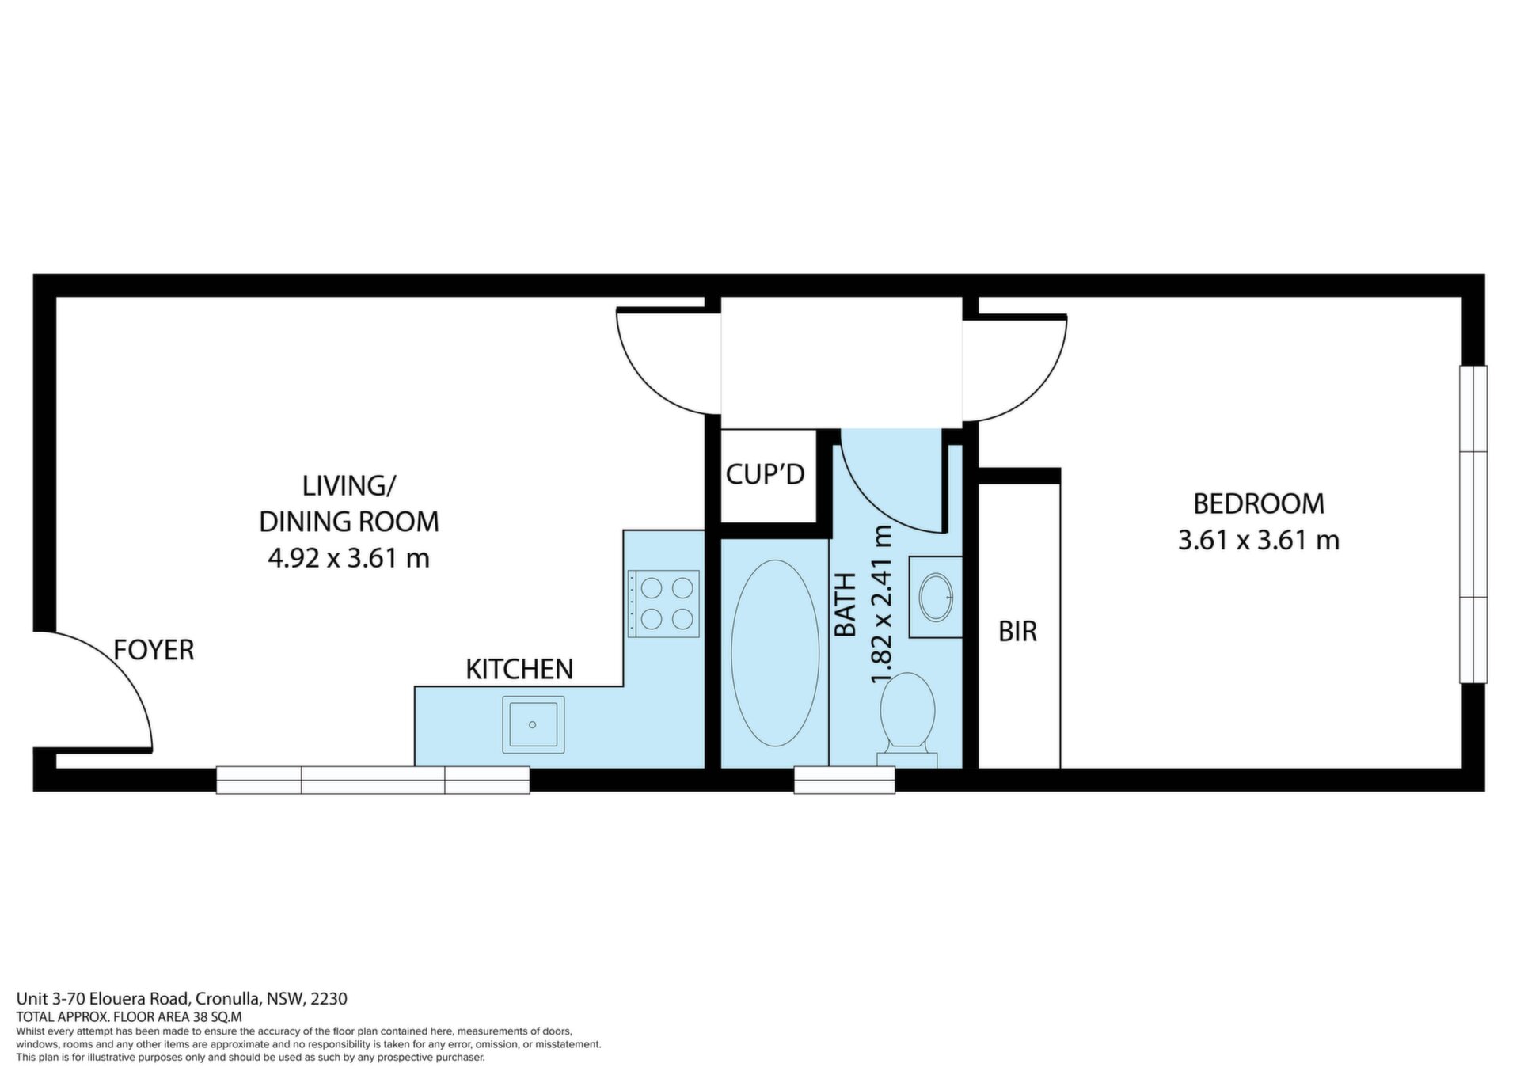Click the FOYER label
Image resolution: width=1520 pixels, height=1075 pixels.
(x=154, y=650)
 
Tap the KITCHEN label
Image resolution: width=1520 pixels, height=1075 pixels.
(x=519, y=669)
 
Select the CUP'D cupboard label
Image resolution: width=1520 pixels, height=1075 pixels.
(x=766, y=474)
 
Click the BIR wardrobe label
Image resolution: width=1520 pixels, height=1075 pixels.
(x=1017, y=631)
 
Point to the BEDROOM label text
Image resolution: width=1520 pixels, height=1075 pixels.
(x=1259, y=503)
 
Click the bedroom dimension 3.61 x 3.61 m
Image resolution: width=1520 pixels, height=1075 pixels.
(x=1259, y=541)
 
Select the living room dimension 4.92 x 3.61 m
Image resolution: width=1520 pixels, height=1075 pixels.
(x=348, y=559)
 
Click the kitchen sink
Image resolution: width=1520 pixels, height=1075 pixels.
(x=533, y=724)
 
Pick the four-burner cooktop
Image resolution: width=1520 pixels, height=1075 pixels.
(x=663, y=604)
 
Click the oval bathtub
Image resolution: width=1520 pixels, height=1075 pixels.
(x=775, y=653)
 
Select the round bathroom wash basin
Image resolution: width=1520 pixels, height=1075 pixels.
(x=937, y=597)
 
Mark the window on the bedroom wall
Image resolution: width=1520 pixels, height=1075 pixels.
(x=1473, y=524)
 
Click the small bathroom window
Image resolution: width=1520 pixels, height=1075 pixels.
(x=845, y=780)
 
